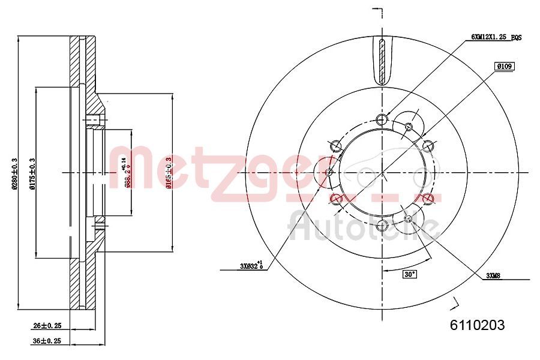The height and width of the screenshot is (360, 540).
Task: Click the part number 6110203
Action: pos(477,325)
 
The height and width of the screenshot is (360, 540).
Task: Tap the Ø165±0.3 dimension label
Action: pos(170,172)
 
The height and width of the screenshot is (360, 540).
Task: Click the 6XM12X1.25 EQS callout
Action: pos(496,37)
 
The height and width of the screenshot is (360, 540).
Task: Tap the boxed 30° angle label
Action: pos(409,274)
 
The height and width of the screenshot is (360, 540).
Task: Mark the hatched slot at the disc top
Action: pos(383,61)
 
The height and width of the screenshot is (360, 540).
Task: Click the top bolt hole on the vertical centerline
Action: pos(383,118)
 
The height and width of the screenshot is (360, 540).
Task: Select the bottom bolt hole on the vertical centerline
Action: pos(383,226)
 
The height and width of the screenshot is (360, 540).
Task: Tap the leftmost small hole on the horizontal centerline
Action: pos(329,173)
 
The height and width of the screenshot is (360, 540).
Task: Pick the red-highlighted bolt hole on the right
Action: pos(428,199)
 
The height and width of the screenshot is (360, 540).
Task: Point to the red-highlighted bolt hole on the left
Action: pos(337,199)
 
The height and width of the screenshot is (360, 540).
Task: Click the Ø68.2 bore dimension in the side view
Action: pos(126,173)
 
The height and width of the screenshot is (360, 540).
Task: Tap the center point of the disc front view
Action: pos(383,172)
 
